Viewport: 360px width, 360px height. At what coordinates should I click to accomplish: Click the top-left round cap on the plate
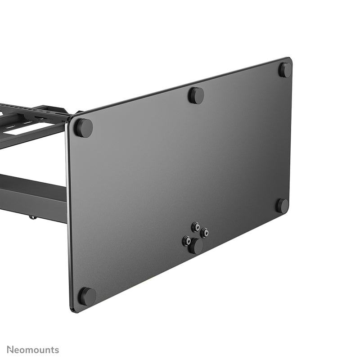click(83, 128)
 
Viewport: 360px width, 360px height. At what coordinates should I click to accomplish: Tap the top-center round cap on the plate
click(196, 95)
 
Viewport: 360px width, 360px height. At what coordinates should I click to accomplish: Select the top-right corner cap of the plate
click(285, 70)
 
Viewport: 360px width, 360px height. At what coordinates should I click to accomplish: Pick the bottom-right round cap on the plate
click(282, 206)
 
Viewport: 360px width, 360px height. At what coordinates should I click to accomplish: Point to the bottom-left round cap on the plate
click(87, 296)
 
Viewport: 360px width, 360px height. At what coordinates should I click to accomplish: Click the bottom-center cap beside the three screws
click(196, 247)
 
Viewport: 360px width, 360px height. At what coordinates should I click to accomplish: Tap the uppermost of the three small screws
click(196, 226)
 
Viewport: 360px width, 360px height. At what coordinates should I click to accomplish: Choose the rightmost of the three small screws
click(204, 233)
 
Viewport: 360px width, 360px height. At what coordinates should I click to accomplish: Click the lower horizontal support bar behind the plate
click(31, 193)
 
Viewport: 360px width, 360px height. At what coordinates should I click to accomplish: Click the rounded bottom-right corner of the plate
click(287, 214)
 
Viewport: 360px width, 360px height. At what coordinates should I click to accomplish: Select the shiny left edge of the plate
click(68, 211)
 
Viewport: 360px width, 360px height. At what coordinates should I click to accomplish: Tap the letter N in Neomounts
click(9, 350)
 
